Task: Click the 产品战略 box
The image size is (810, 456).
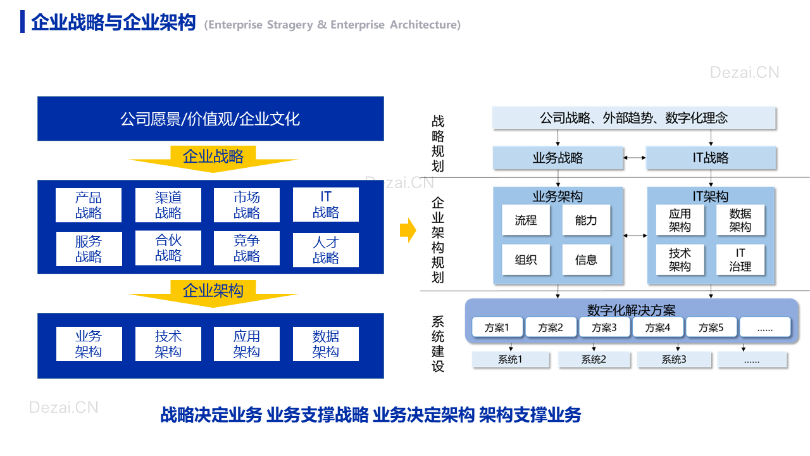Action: tap(89, 205)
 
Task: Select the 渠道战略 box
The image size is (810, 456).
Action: tap(168, 205)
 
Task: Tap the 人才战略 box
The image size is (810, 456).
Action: tap(326, 250)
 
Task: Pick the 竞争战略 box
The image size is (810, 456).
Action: tap(247, 248)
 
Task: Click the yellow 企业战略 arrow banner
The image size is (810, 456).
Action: tap(213, 158)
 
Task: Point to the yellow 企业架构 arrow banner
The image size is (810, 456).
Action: tap(213, 293)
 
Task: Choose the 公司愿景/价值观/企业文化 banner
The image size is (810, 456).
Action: tap(211, 118)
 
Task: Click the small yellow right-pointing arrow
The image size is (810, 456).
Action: tap(408, 230)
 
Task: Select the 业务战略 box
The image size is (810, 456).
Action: tap(558, 158)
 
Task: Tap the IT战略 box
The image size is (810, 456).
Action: tap(711, 158)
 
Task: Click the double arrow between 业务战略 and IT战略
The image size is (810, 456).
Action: tap(635, 158)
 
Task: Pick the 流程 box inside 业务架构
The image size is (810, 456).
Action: tap(526, 220)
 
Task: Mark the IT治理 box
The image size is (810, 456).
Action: tap(740, 260)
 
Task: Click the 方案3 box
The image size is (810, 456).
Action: tap(604, 327)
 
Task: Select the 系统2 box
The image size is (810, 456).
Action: tap(594, 359)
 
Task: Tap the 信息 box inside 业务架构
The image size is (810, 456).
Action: tap(586, 260)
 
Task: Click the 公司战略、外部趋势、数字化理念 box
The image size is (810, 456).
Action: tap(634, 118)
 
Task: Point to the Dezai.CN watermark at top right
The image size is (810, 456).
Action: tap(745, 72)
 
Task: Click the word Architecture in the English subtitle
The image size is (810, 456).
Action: tap(425, 25)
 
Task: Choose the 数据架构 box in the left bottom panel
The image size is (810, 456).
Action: tap(326, 344)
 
